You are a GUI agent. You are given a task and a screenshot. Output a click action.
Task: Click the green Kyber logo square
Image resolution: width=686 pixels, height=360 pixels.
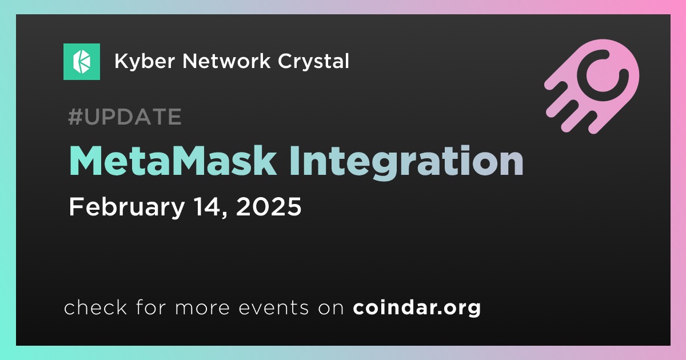point(81,62)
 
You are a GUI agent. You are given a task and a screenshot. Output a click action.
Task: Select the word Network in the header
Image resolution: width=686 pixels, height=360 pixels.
point(226,61)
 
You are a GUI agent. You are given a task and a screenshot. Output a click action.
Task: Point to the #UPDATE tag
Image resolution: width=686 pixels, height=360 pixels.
point(125,117)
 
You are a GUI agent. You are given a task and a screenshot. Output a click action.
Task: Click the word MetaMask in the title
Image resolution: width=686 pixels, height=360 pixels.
point(173,161)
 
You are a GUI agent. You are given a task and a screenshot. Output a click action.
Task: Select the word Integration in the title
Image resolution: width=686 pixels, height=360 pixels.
point(406,162)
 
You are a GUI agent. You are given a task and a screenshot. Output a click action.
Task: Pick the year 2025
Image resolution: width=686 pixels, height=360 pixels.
point(269,207)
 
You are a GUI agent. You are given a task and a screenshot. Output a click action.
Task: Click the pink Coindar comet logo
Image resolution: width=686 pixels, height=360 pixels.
point(592,86)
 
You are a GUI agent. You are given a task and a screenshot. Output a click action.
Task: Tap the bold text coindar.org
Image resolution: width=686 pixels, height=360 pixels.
point(417,308)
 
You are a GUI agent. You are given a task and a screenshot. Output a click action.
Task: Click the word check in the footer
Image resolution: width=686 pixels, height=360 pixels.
point(95,307)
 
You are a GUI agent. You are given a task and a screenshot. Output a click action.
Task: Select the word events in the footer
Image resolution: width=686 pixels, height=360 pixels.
point(273,308)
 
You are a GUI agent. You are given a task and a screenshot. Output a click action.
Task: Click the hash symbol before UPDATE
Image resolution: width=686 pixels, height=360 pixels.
point(75,117)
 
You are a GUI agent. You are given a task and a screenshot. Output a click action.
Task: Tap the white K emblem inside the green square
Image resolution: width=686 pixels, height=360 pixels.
point(82,62)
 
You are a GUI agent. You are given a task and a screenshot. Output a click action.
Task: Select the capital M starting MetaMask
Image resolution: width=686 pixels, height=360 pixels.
point(86,161)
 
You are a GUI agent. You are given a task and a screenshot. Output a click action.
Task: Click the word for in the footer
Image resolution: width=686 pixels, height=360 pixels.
point(151,307)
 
